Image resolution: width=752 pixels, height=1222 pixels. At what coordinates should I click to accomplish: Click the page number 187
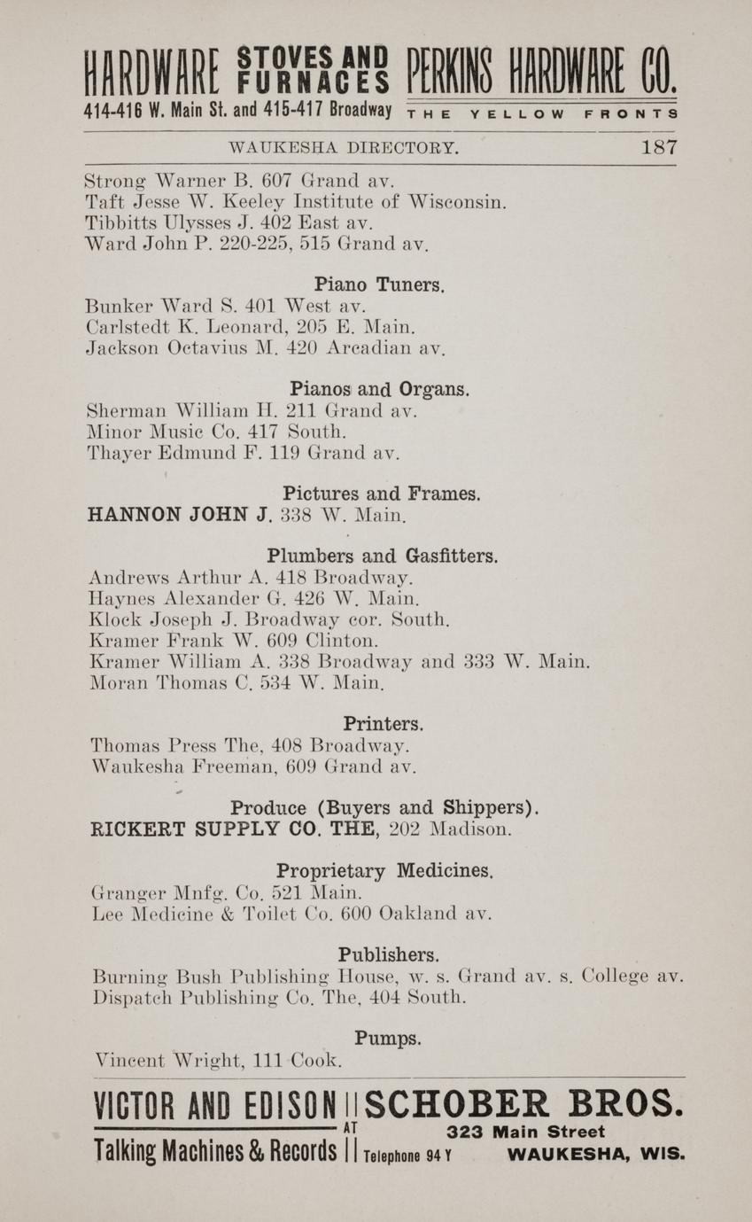click(659, 148)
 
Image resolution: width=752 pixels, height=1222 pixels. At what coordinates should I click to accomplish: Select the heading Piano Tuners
click(379, 285)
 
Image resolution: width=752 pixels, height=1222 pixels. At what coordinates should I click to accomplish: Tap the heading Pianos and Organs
click(380, 389)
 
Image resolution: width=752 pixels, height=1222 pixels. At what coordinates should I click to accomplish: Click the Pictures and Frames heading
click(382, 494)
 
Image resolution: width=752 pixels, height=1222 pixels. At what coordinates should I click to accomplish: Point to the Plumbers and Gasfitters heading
click(382, 557)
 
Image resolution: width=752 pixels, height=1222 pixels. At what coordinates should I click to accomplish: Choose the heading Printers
click(384, 724)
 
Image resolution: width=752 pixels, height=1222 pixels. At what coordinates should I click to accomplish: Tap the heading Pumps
click(388, 1038)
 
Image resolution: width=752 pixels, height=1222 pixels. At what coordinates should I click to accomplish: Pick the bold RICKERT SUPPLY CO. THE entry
click(236, 830)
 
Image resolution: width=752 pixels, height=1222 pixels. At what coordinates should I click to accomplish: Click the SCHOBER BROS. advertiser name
click(523, 1104)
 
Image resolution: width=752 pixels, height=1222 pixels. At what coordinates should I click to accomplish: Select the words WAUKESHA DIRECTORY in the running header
click(344, 148)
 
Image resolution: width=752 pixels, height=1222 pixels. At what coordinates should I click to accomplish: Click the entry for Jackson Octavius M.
click(265, 349)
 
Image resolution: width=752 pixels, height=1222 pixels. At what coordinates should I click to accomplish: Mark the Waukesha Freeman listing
click(253, 767)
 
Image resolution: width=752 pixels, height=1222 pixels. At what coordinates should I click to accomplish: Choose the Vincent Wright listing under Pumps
click(218, 1060)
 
